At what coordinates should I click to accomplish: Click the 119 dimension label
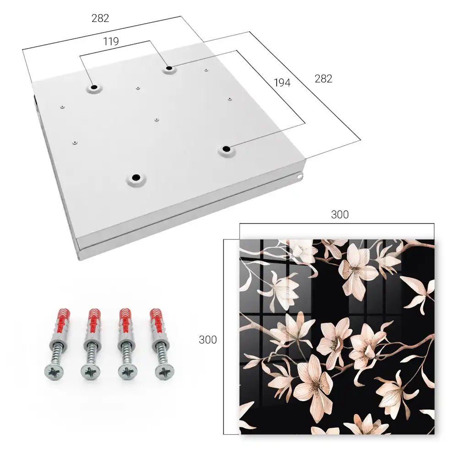point(111,42)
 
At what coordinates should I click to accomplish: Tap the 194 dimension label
point(282,83)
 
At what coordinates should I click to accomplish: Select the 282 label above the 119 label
point(100,18)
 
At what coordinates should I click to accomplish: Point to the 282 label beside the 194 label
point(323,79)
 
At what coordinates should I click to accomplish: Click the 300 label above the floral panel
point(340,215)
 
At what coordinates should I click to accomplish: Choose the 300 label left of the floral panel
point(207,340)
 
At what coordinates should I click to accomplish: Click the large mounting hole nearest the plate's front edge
point(136,177)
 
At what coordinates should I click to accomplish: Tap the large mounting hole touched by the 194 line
point(226,149)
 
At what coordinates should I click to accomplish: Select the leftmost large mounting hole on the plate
point(94,87)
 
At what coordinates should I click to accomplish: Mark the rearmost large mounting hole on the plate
point(169,68)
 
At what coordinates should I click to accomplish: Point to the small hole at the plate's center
point(157,119)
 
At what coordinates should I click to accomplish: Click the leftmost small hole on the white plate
point(62,107)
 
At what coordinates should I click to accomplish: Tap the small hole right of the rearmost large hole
point(206,70)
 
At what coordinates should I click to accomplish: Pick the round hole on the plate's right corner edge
point(300,176)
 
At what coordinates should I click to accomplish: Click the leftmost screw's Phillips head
point(54,372)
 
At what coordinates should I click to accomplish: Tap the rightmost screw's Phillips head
point(164,372)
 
